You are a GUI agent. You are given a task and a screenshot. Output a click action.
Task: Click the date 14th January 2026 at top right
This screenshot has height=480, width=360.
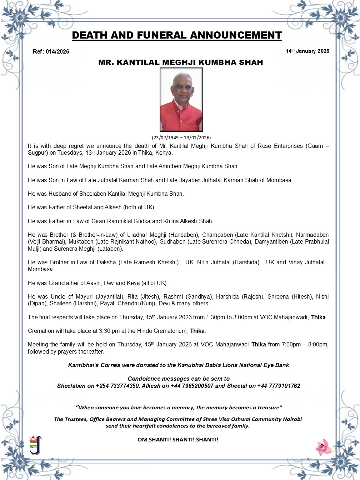pyautogui.click(x=307, y=51)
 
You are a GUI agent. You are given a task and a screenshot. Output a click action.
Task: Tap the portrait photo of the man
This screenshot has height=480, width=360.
pyautogui.click(x=181, y=100)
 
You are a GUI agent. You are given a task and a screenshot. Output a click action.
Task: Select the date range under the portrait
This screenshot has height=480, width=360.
pyautogui.click(x=181, y=137)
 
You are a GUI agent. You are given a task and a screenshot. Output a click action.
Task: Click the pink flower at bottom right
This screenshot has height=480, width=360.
pyautogui.click(x=324, y=447)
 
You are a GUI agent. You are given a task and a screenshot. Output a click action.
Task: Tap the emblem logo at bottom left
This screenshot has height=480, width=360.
pyautogui.click(x=35, y=445)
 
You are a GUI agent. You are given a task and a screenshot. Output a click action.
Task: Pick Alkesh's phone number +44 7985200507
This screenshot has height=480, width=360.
pyautogui.click(x=192, y=386)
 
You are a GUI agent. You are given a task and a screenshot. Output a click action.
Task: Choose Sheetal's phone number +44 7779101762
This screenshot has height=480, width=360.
pyautogui.click(x=279, y=386)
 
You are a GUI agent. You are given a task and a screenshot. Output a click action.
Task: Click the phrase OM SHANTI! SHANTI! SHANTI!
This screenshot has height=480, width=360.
pyautogui.click(x=178, y=440)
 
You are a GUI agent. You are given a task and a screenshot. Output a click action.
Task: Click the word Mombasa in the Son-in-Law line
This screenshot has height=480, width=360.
pyautogui.click(x=280, y=180)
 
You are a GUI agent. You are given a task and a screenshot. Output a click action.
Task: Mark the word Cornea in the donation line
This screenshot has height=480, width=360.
pyautogui.click(x=110, y=365)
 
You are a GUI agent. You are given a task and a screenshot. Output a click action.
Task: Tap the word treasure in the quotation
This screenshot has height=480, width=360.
pyautogui.click(x=269, y=407)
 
